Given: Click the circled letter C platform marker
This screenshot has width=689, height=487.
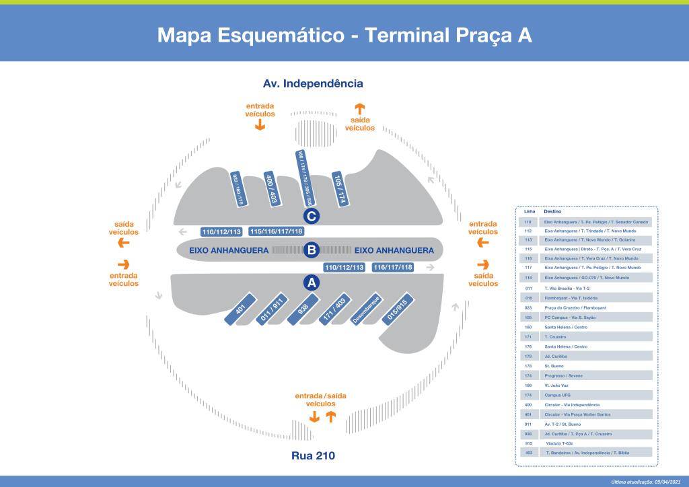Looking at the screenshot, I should pos(312,216).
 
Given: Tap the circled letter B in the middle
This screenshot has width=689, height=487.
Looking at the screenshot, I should pos(312,250).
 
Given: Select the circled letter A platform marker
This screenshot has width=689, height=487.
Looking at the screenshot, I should pos(312,283).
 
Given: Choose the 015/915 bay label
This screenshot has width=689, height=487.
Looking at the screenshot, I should pos(397,310).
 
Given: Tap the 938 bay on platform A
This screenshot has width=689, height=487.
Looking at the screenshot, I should pos(303,310).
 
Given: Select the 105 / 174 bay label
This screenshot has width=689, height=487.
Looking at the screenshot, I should pos(340,189).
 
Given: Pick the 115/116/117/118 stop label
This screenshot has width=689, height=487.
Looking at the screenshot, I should pos(277,231).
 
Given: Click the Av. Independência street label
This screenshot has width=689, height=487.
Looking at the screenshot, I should pos(313,84).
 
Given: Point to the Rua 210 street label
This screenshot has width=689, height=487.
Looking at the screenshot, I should pos(313,455).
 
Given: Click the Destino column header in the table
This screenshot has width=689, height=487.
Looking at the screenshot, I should pos(552,211).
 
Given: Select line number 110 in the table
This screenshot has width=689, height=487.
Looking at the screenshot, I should pos(528,221).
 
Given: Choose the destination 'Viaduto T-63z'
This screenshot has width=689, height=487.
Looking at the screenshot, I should pos(559,443).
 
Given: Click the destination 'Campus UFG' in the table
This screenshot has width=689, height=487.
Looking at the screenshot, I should pos(557,395).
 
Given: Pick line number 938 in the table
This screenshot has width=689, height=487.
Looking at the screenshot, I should pos(528,434).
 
